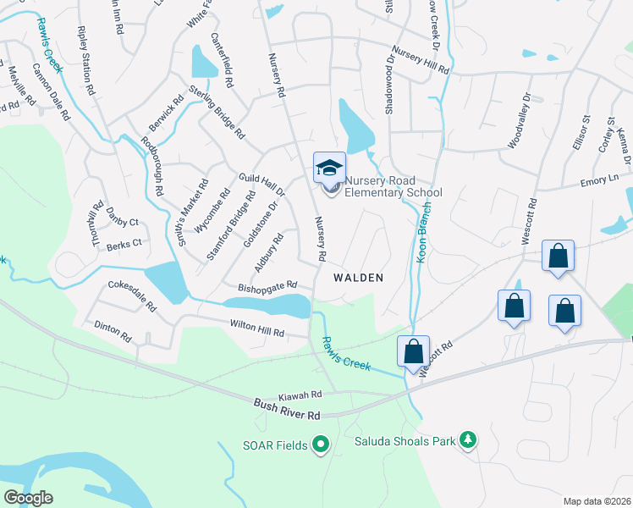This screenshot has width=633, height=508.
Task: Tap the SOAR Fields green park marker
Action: [320, 444]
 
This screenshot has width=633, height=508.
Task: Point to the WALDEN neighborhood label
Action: [358, 278]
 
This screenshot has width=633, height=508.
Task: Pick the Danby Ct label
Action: [122, 223]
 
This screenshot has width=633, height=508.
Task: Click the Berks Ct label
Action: [125, 243]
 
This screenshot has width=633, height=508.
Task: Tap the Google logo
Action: [28, 499]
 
